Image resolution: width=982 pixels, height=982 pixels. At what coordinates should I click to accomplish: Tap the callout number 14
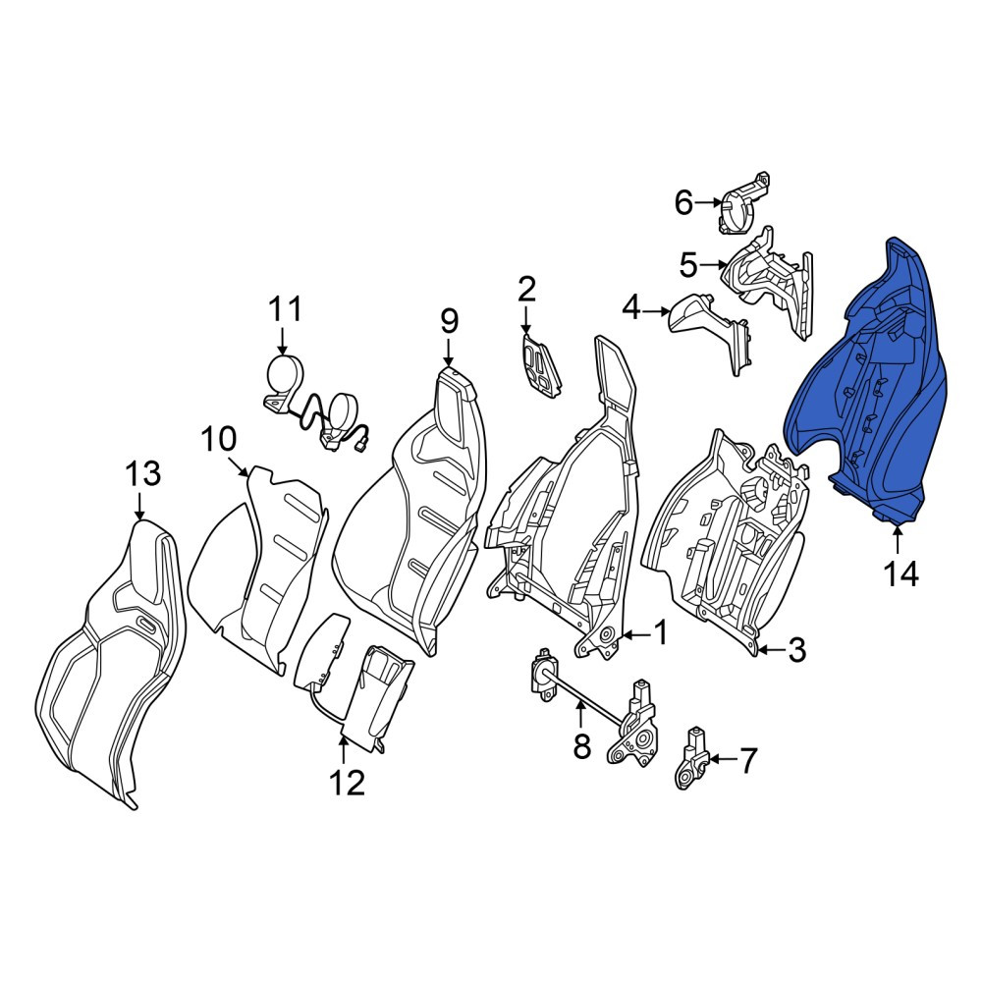[901, 573]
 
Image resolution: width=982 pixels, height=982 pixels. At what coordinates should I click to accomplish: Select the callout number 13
[143, 473]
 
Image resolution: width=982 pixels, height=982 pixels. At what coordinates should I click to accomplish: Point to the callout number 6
[683, 202]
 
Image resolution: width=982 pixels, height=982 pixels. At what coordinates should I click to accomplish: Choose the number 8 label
[581, 746]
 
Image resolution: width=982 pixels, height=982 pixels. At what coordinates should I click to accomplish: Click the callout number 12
[348, 783]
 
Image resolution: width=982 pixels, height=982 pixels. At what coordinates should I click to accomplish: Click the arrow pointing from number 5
[713, 265]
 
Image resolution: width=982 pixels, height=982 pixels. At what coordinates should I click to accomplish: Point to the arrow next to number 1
[635, 635]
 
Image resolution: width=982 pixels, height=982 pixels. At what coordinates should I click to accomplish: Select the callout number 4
[631, 308]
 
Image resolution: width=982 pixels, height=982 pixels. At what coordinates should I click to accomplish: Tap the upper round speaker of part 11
[285, 375]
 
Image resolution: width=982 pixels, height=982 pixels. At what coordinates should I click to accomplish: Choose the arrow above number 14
[899, 541]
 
